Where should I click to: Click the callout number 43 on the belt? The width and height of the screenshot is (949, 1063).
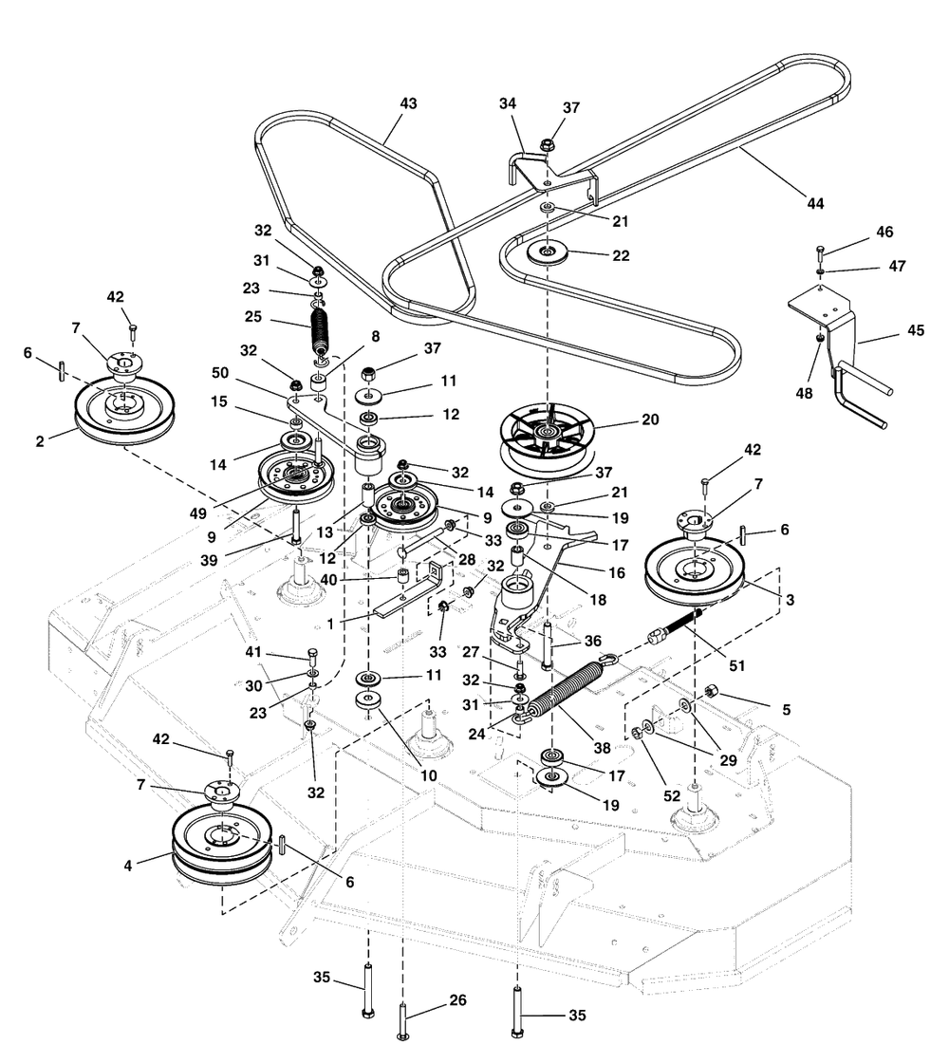click(x=409, y=103)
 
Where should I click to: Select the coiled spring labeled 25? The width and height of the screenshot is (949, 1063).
click(x=322, y=327)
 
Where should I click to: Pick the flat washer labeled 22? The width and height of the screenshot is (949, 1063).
click(x=549, y=252)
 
